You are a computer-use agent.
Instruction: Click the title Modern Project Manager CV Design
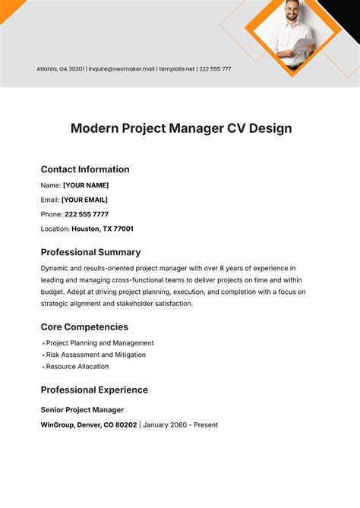(x=181, y=128)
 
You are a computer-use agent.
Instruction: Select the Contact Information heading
(x=85, y=169)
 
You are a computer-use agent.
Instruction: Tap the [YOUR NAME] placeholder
(x=86, y=185)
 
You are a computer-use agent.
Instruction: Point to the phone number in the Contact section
(x=87, y=214)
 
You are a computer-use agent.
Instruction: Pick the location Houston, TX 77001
(x=103, y=229)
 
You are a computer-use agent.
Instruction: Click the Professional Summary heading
(x=90, y=252)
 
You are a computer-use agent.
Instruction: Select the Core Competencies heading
(x=84, y=327)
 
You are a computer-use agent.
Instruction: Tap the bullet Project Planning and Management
(x=100, y=343)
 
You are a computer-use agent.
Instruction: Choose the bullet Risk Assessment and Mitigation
(x=96, y=355)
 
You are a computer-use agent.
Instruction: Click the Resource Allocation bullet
(x=77, y=367)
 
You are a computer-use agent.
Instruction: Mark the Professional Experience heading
(x=94, y=390)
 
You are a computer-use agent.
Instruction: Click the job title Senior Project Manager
(x=82, y=410)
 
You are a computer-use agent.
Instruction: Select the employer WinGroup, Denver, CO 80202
(x=89, y=425)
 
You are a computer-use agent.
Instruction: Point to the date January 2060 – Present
(x=180, y=425)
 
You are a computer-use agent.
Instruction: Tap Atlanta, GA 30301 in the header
(x=60, y=69)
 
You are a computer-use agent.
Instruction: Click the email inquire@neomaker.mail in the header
(x=122, y=69)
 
